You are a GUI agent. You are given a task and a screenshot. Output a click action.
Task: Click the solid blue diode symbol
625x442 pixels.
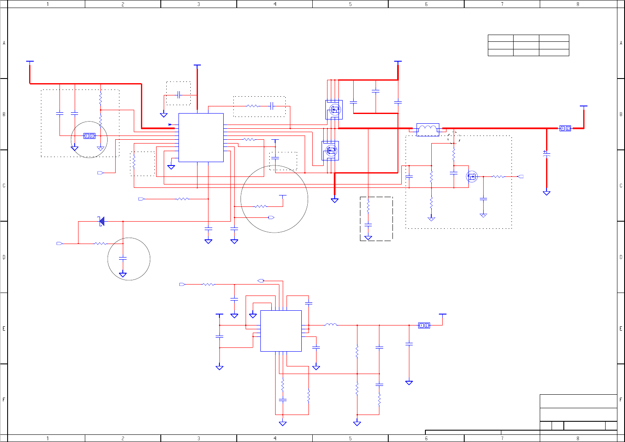coord(101,221)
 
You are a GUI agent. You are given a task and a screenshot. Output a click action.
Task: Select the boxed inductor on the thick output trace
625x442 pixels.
coord(427,129)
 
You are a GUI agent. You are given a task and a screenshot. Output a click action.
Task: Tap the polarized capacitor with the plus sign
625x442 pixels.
coord(547,154)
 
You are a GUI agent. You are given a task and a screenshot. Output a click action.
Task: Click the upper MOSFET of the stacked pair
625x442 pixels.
coord(334,110)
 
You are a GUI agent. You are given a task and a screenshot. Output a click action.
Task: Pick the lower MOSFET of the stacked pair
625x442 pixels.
coord(330,150)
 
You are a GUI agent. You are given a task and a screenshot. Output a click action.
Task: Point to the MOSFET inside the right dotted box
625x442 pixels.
coord(472,176)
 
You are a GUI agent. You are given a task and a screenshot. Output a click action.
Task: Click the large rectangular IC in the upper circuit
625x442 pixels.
coord(201,137)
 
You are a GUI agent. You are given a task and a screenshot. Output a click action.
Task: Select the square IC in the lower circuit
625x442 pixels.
coord(281,331)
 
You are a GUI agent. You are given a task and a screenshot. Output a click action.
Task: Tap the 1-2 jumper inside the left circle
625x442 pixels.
coord(89,136)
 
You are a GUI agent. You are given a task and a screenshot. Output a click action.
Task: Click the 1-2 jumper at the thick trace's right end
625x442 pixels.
coord(565,128)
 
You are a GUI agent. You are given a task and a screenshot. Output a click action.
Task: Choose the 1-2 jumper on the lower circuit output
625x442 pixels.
coord(424,325)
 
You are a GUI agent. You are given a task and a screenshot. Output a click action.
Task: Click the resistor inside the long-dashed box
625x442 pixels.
coord(368,207)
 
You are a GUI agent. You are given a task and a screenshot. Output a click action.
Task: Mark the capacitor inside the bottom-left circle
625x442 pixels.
coord(123,258)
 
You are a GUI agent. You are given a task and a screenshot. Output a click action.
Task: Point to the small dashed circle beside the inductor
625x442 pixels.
coord(454,137)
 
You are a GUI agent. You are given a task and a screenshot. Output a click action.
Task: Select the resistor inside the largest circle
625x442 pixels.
coord(261,206)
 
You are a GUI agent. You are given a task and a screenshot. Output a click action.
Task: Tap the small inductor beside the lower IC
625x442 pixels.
coord(331,325)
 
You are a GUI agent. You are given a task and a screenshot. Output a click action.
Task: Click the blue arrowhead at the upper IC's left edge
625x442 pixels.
coord(170,125)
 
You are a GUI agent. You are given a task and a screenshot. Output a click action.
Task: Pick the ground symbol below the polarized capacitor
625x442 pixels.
coord(547,193)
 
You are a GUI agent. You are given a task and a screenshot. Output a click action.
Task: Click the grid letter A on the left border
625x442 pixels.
coord(4,43)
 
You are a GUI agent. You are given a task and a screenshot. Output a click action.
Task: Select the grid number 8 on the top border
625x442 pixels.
coord(578,4)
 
